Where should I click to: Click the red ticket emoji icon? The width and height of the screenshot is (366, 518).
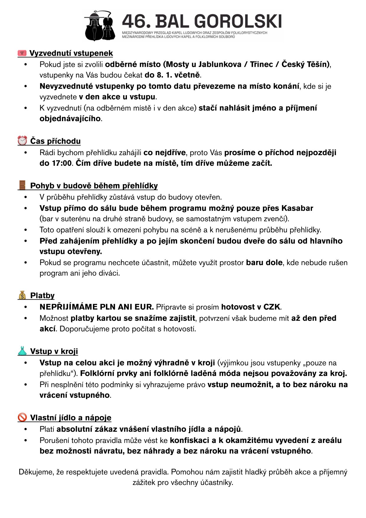pyautogui.click(x=22, y=53)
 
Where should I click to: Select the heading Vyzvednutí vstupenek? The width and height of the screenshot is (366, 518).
pyautogui.click(x=71, y=53)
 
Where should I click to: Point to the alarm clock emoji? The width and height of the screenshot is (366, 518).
pyautogui.click(x=22, y=141)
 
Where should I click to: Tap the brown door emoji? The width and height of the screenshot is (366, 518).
pyautogui.click(x=22, y=186)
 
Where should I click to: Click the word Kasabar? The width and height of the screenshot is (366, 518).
pyautogui.click(x=297, y=208)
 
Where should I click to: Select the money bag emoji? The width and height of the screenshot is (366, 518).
pyautogui.click(x=22, y=295)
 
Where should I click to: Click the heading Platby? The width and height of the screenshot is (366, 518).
pyautogui.click(x=43, y=295)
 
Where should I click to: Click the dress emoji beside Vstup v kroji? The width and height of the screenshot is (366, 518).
pyautogui.click(x=22, y=351)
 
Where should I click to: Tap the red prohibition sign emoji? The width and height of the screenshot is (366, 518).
pyautogui.click(x=22, y=418)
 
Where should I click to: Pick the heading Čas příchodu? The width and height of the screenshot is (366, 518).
pyautogui.click(x=55, y=141)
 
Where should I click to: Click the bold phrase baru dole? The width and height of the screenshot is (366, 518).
pyautogui.click(x=264, y=262)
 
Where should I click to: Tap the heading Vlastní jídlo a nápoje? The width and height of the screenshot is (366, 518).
pyautogui.click(x=71, y=418)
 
